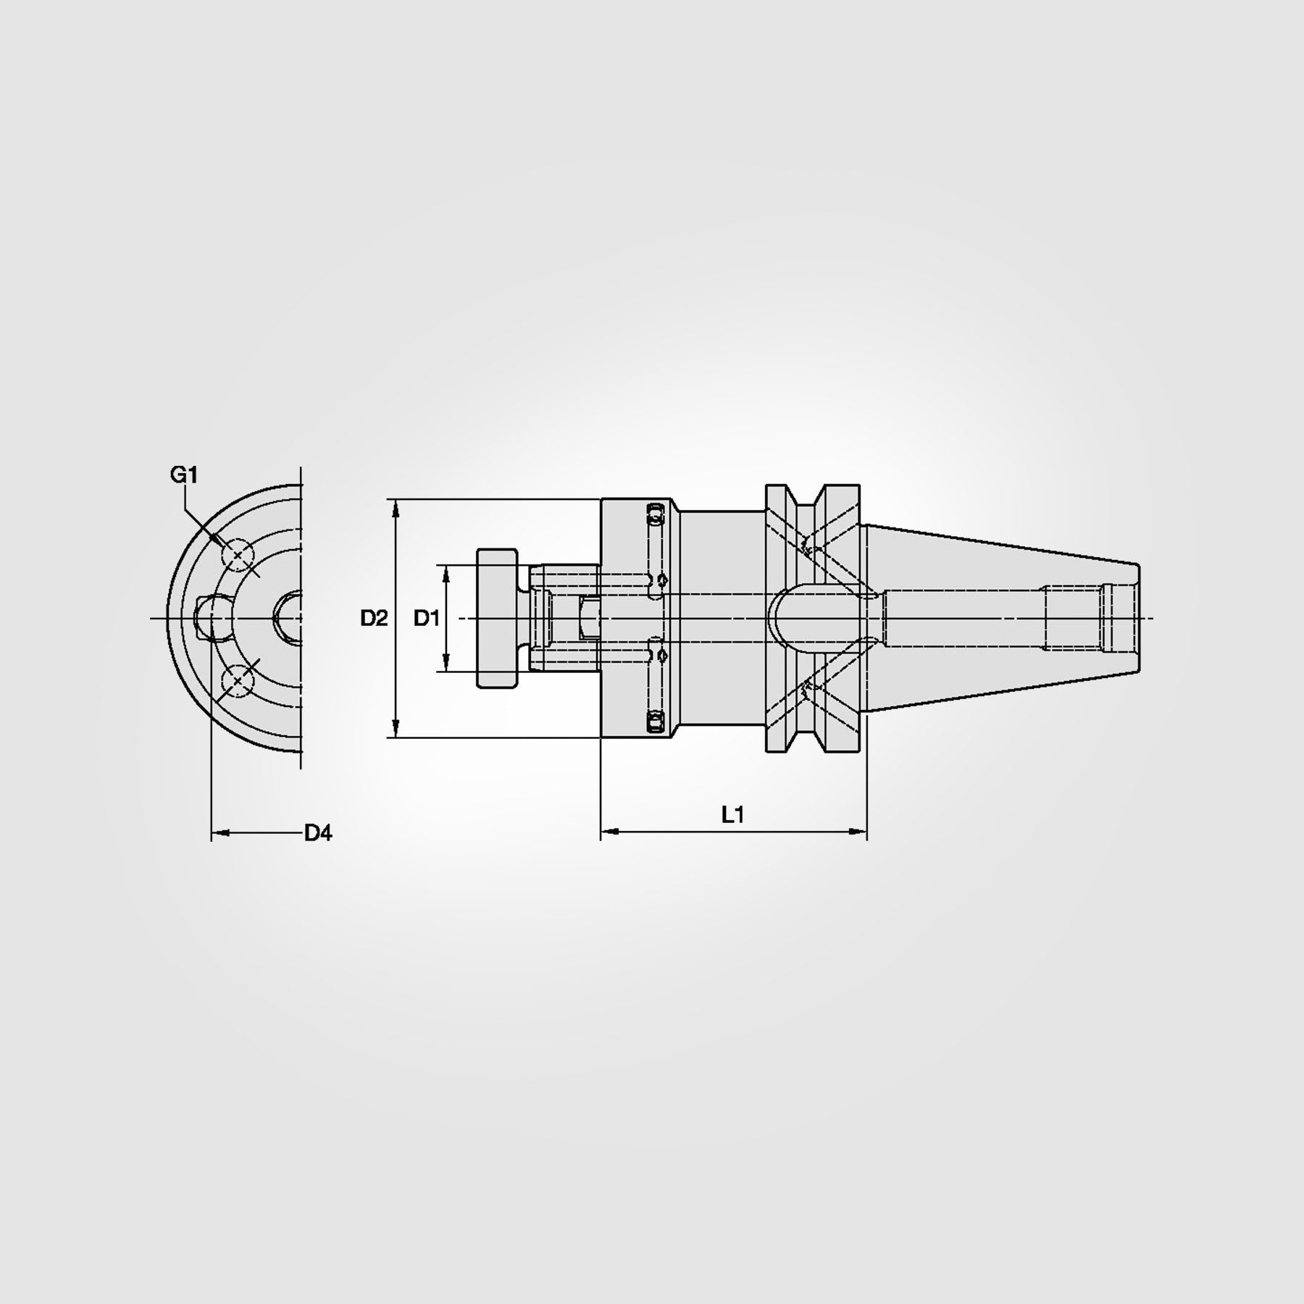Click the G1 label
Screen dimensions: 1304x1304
[183, 475]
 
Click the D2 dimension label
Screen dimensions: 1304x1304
[375, 619]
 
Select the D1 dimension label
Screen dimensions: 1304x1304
[427, 619]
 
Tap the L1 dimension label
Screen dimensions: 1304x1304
[732, 815]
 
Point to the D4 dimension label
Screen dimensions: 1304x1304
[317, 833]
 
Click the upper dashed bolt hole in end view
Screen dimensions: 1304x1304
[238, 556]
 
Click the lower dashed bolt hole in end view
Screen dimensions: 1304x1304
[238, 681]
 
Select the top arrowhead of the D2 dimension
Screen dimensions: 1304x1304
[396, 507]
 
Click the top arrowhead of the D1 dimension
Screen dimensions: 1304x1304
[446, 572]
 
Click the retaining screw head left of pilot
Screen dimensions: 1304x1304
[497, 618]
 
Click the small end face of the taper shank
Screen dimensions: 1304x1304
[1138, 618]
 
